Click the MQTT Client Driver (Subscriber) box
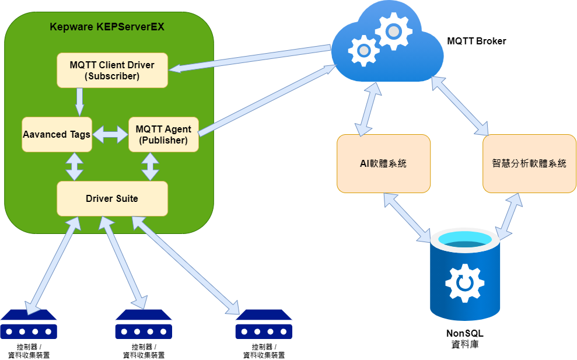coord(112,71)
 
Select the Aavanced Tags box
coord(57,134)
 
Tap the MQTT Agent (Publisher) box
coord(163,134)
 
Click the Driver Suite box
coord(112,198)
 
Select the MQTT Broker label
coord(476,41)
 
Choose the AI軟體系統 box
coord(383,163)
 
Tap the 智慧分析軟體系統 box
coord(529,163)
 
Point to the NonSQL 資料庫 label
coord(465,339)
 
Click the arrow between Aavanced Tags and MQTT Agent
coord(110,135)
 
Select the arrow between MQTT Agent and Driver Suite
coord(151,166)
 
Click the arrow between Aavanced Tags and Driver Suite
coord(74,166)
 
